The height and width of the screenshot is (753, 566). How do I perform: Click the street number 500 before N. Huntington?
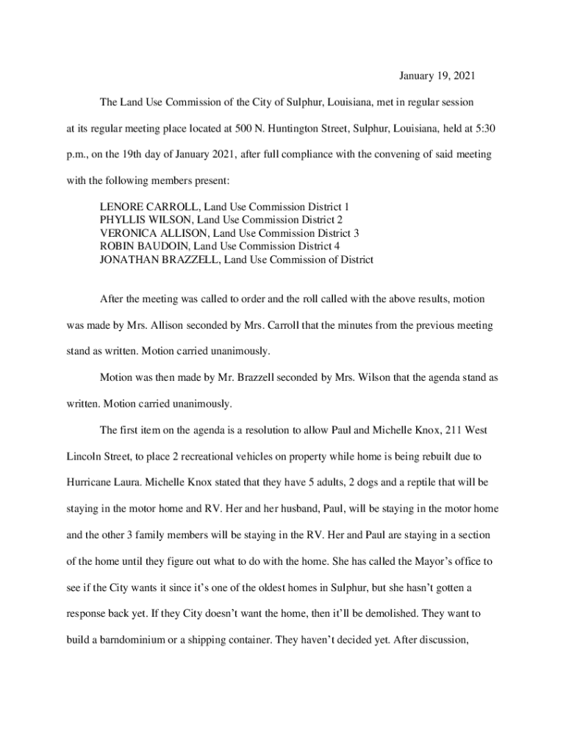(244, 128)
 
